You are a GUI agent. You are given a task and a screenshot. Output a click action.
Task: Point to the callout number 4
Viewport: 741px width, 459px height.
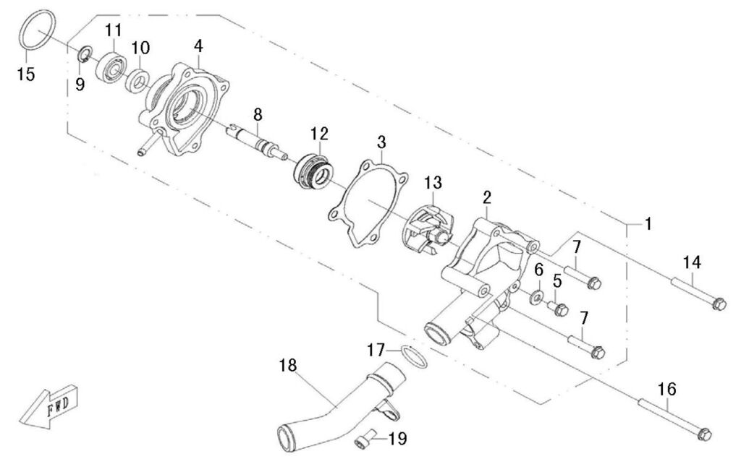point(198,46)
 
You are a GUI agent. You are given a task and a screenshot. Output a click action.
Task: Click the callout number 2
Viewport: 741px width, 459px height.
point(487,197)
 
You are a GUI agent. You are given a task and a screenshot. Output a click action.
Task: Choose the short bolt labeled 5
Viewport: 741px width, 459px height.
point(559,309)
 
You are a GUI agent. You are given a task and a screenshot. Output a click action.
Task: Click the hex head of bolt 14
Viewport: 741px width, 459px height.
point(719,305)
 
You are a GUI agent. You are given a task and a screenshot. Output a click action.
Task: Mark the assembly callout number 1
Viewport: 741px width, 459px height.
point(648,224)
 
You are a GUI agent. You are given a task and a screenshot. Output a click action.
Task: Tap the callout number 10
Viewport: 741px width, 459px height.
point(140,48)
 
